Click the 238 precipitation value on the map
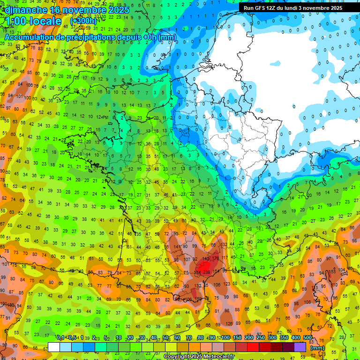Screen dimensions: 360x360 206,272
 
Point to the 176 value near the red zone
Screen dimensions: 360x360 216,258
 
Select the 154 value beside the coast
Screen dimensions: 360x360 216,271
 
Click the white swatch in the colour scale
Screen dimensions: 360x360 54,347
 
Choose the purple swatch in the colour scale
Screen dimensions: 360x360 300,347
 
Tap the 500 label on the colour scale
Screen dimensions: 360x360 307,337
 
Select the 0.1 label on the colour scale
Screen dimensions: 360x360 60,337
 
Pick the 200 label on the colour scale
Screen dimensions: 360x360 249,337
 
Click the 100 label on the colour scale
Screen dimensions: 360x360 225,337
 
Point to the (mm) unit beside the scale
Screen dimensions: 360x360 317,348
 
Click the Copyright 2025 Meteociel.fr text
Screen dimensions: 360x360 199,357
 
